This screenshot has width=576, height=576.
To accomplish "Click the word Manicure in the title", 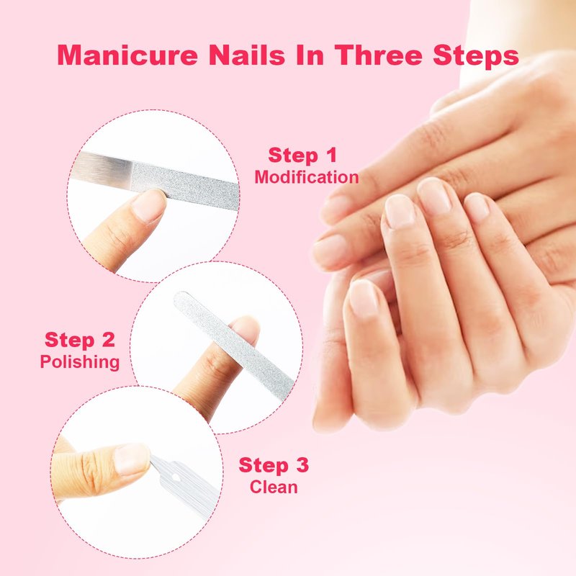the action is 127,55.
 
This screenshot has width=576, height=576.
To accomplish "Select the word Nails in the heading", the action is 246,55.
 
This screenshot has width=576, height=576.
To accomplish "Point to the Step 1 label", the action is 302,155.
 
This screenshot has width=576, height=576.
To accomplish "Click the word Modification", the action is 307,177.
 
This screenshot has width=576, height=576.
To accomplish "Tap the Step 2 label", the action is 80,340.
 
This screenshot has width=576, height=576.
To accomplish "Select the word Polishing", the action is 80,362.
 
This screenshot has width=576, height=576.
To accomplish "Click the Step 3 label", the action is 274,465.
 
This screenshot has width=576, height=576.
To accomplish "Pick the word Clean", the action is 274,487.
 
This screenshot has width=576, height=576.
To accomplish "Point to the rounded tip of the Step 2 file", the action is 179,297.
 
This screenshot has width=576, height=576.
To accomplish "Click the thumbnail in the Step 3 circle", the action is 132,459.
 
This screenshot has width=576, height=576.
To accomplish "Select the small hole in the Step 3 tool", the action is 176,478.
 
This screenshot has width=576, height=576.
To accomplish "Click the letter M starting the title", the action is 70,55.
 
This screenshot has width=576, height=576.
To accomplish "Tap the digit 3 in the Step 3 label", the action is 302,465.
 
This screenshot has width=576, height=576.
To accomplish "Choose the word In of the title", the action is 310,55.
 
